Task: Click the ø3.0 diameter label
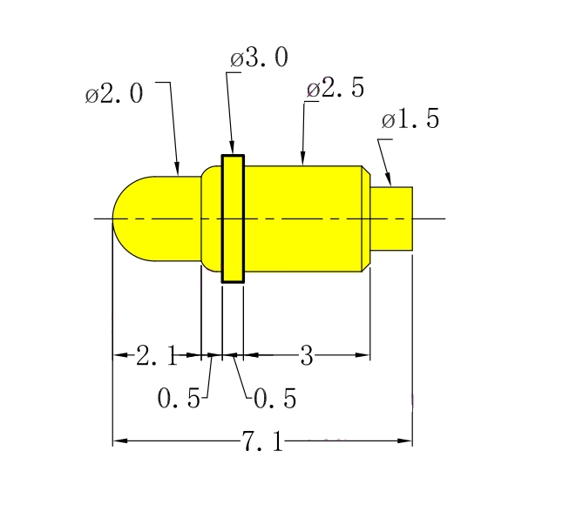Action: [x=259, y=57]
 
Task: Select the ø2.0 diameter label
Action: [x=114, y=93]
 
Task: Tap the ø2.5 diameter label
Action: [x=335, y=87]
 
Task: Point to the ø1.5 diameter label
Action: [x=410, y=118]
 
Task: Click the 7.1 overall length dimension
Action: [x=262, y=441]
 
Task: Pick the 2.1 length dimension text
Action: [x=157, y=355]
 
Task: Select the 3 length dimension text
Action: [x=307, y=355]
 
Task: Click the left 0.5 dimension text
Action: [x=179, y=398]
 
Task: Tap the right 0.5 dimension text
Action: [x=275, y=399]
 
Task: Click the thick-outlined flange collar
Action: [x=233, y=219]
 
